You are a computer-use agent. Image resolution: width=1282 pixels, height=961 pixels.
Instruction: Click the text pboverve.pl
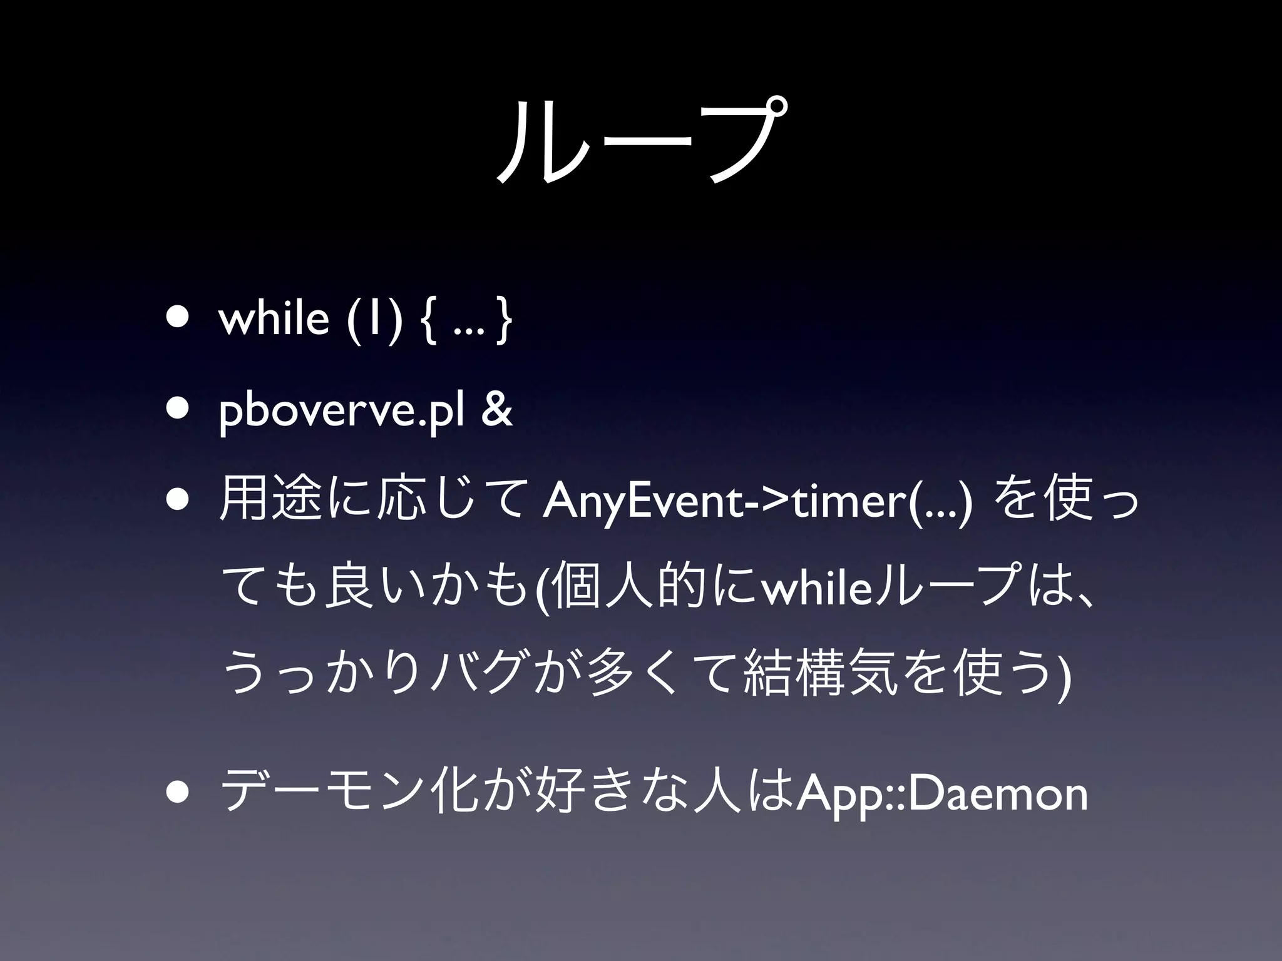click(x=341, y=412)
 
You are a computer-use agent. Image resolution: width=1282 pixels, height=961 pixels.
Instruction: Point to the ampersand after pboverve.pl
click(x=497, y=410)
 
